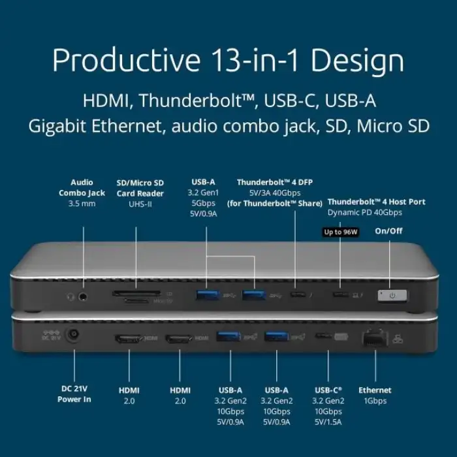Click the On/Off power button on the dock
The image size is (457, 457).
click(392, 296)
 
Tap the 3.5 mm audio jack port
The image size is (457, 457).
click(84, 296)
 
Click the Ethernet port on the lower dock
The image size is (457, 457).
click(375, 338)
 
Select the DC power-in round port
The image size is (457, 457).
click(74, 337)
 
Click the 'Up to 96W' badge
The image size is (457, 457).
click(340, 231)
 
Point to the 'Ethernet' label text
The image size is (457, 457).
click(375, 390)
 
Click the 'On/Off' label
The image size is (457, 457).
click(389, 230)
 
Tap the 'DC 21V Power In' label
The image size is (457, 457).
click(74, 394)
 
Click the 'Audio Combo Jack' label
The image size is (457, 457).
click(82, 187)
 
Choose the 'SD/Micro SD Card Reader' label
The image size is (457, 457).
click(140, 187)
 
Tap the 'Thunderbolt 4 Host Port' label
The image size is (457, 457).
click(376, 202)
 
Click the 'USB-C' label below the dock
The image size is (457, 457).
click(328, 390)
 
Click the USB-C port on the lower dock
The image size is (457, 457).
click(323, 337)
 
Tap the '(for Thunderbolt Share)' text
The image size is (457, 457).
click(275, 204)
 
